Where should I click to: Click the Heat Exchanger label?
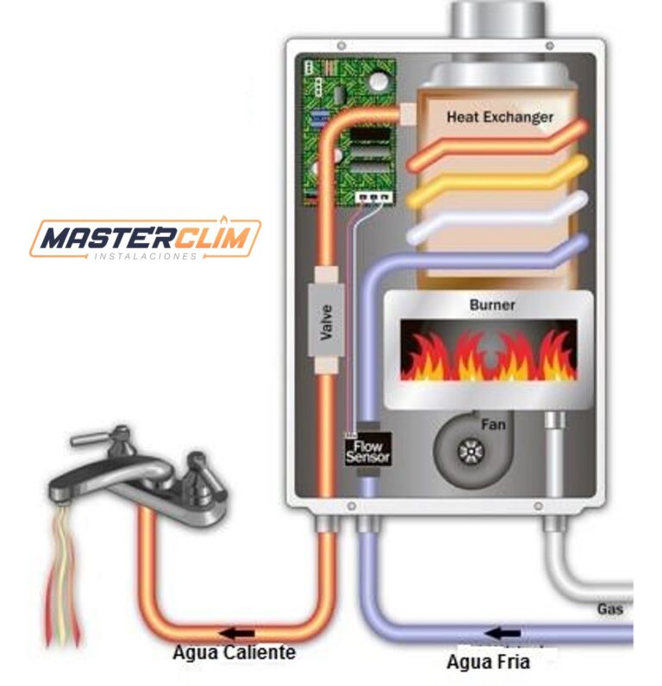pyautogui.click(x=500, y=116)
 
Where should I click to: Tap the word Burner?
pyautogui.click(x=492, y=305)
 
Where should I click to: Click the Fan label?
pyautogui.click(x=493, y=424)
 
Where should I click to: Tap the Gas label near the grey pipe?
pyautogui.click(x=609, y=609)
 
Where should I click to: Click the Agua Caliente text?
pyautogui.click(x=234, y=652)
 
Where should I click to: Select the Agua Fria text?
pyautogui.click(x=487, y=663)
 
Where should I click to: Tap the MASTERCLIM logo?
pyautogui.click(x=145, y=238)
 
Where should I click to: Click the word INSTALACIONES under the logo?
pyautogui.click(x=145, y=258)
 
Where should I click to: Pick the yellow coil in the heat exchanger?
pyautogui.click(x=496, y=180)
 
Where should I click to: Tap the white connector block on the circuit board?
pyautogui.click(x=375, y=197)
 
